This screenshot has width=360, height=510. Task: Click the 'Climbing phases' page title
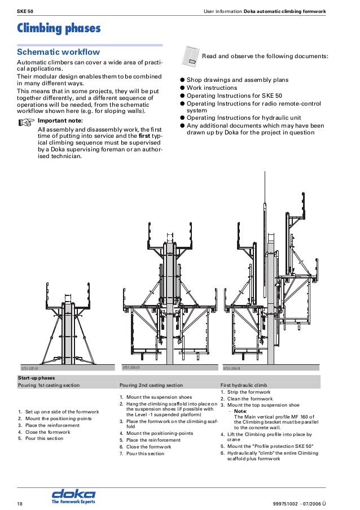59,28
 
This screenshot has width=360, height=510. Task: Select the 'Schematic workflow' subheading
59,52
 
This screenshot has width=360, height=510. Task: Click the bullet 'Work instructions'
212,88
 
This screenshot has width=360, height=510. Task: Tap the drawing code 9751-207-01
29,368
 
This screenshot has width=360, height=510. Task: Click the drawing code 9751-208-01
131,367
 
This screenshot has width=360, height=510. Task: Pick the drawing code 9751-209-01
232,368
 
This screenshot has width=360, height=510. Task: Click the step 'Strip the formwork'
248,392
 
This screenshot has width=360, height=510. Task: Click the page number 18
20,502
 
